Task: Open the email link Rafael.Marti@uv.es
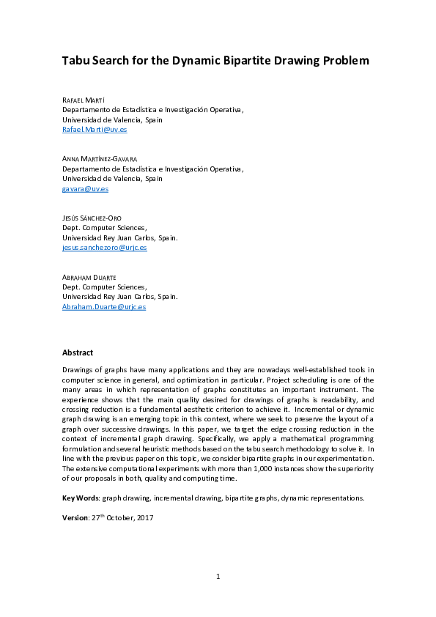click(x=95, y=129)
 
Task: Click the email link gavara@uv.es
click(x=85, y=188)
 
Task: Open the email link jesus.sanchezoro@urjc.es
click(x=104, y=248)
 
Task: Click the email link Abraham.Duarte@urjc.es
click(x=103, y=307)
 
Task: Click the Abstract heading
click(x=77, y=352)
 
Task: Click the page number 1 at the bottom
click(x=218, y=577)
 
